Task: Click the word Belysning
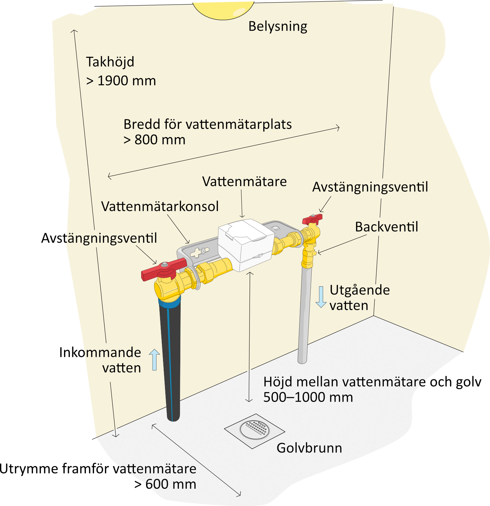pos(278,26)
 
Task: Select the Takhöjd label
pos(110,62)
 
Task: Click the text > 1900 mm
pos(121,81)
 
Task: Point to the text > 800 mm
pos(155,140)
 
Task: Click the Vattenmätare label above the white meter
pos(244,182)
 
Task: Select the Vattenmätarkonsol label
pos(160,206)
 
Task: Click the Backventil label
pos(386,227)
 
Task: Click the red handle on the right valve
pos(312,219)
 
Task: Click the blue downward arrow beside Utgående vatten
pos(321,297)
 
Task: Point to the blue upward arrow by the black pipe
pos(155,359)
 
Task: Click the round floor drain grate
pos(255,429)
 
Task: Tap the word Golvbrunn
pos(309,448)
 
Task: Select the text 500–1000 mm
pos(308,397)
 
